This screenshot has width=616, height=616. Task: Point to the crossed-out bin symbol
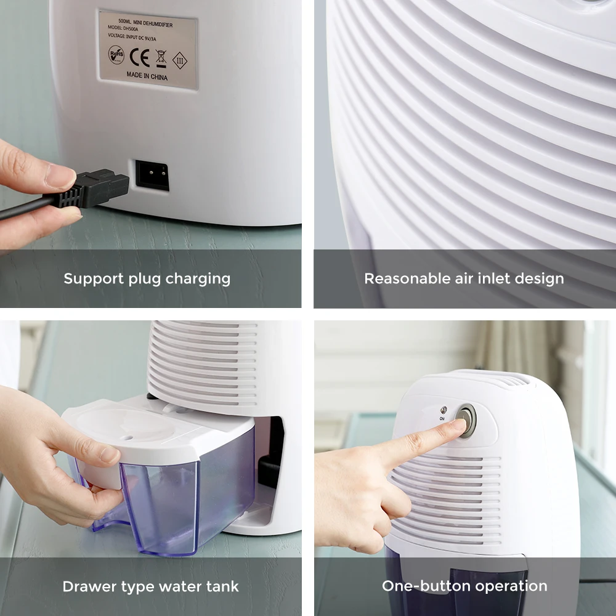point(161,58)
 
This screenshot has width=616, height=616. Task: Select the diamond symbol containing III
point(180,60)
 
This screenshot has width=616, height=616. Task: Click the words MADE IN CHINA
point(147,76)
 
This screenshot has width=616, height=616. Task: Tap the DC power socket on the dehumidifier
point(152,176)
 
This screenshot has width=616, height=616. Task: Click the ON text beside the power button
point(442,418)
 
